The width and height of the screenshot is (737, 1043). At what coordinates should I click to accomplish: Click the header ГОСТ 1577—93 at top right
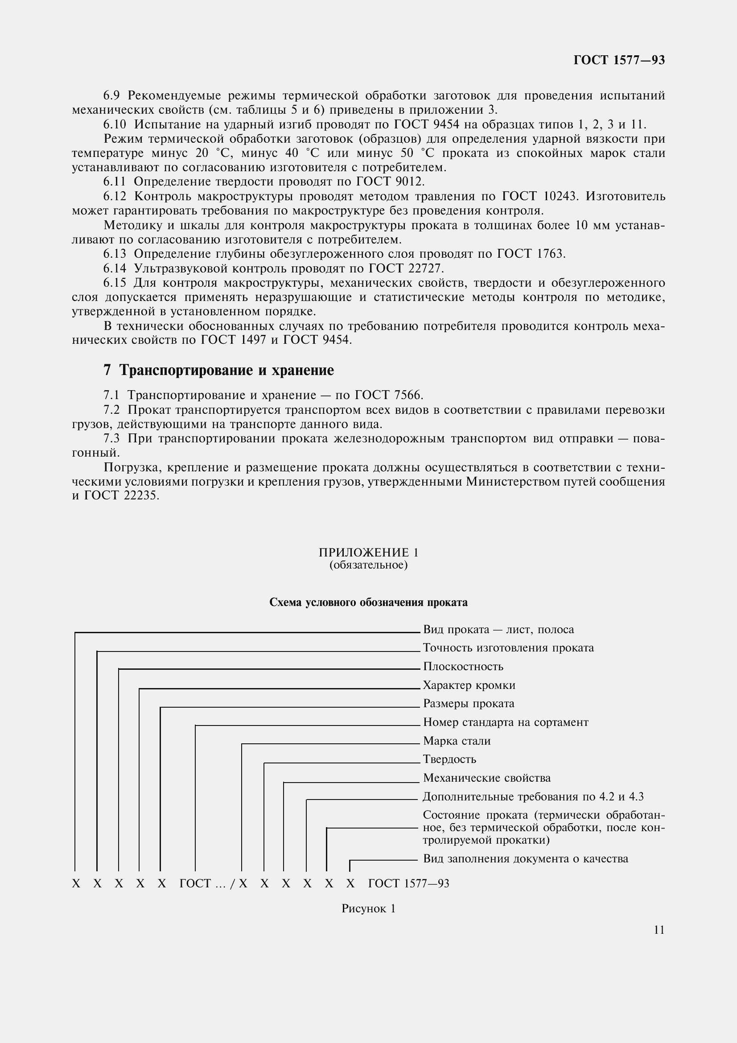click(x=619, y=60)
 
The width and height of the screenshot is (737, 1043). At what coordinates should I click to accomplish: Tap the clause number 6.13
click(x=115, y=254)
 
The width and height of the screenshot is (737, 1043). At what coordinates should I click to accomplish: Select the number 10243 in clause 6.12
click(x=560, y=196)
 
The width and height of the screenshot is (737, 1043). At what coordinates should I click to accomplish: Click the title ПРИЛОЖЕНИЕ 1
click(x=368, y=552)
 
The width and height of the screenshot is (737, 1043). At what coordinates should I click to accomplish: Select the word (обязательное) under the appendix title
click(x=368, y=565)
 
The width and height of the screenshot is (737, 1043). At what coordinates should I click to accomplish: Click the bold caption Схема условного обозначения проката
click(x=368, y=602)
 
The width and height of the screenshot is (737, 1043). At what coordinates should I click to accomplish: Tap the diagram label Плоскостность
click(x=463, y=666)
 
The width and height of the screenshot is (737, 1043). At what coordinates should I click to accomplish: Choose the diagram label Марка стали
click(x=457, y=741)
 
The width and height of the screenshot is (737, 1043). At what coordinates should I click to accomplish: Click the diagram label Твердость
click(x=449, y=759)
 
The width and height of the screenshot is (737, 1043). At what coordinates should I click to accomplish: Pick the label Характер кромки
click(x=469, y=685)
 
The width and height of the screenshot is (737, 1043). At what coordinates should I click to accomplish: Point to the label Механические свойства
click(x=487, y=778)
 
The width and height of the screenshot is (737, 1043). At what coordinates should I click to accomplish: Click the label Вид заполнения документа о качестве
click(x=525, y=858)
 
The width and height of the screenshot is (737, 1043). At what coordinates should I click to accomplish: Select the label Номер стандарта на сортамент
click(x=506, y=722)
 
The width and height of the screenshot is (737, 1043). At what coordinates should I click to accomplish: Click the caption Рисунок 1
click(x=368, y=908)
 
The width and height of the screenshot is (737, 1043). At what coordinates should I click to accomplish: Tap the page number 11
click(x=659, y=930)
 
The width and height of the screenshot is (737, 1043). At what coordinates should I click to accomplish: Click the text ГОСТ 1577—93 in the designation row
click(x=408, y=883)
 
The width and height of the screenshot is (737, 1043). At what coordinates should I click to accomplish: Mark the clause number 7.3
click(x=111, y=438)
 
